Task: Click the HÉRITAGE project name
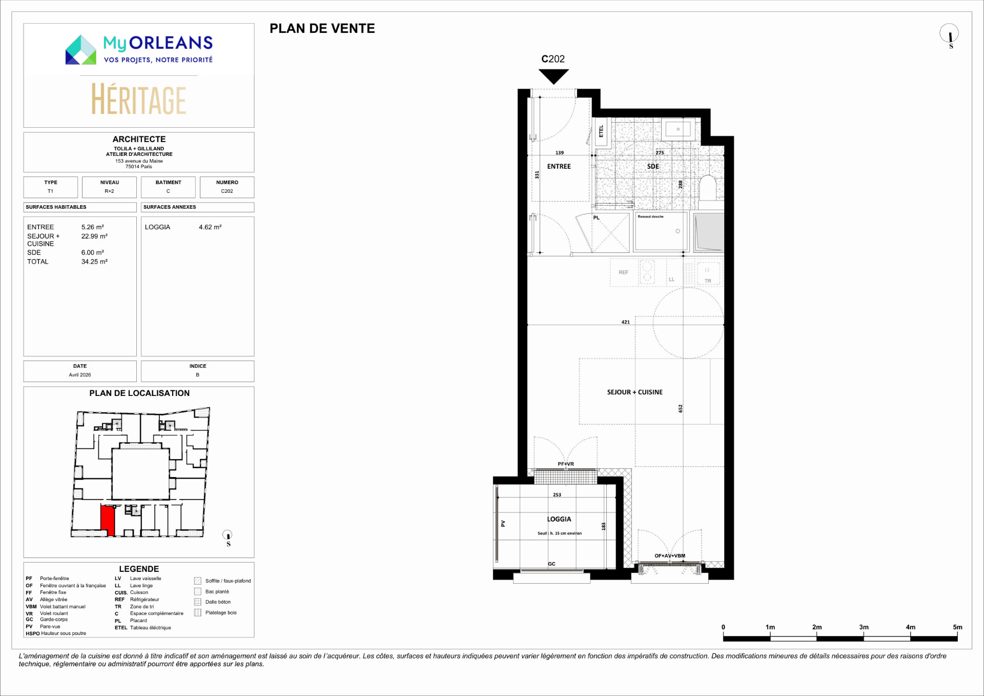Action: (x=138, y=100)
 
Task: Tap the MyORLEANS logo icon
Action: (x=80, y=50)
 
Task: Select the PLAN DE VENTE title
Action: (x=322, y=29)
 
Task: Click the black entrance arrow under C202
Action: (x=553, y=76)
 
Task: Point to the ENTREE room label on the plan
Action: (x=559, y=167)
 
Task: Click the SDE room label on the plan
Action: (x=653, y=167)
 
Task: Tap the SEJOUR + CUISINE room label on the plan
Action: (x=635, y=392)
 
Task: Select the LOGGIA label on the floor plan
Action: (x=559, y=519)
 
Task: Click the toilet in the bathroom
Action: (x=708, y=188)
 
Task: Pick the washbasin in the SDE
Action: (x=678, y=129)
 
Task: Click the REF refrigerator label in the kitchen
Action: (x=623, y=272)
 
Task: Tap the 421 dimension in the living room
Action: (x=626, y=322)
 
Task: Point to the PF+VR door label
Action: (x=566, y=464)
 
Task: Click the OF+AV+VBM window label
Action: (x=670, y=556)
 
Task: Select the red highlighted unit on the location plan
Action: (x=108, y=521)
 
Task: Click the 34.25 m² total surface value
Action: (x=94, y=262)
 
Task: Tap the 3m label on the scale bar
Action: (x=864, y=627)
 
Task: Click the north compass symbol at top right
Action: (x=949, y=34)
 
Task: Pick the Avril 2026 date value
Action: (x=80, y=375)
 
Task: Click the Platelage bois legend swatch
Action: (x=198, y=612)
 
